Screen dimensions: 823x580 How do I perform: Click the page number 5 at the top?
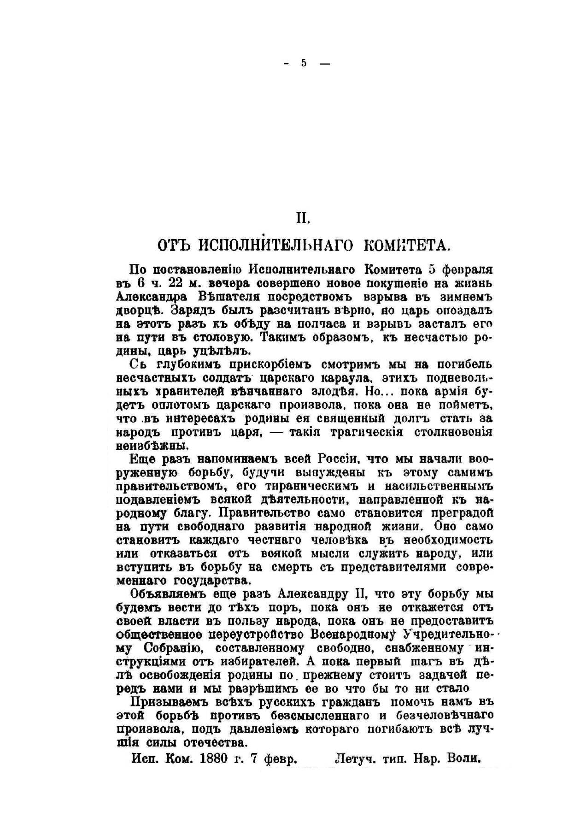click(x=304, y=64)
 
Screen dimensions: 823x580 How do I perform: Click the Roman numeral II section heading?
click(x=302, y=218)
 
